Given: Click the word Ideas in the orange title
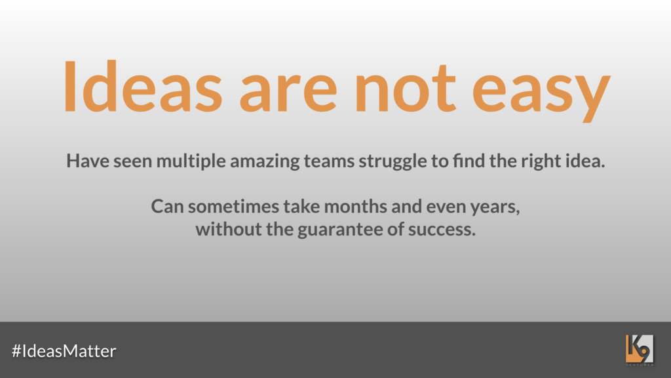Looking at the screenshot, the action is (x=143, y=87).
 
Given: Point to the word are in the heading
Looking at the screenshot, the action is (x=288, y=92).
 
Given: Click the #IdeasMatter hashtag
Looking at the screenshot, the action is (x=64, y=350).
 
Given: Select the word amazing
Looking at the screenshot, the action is (x=265, y=162).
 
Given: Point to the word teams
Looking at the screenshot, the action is (x=329, y=161).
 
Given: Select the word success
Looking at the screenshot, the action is (x=442, y=230).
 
